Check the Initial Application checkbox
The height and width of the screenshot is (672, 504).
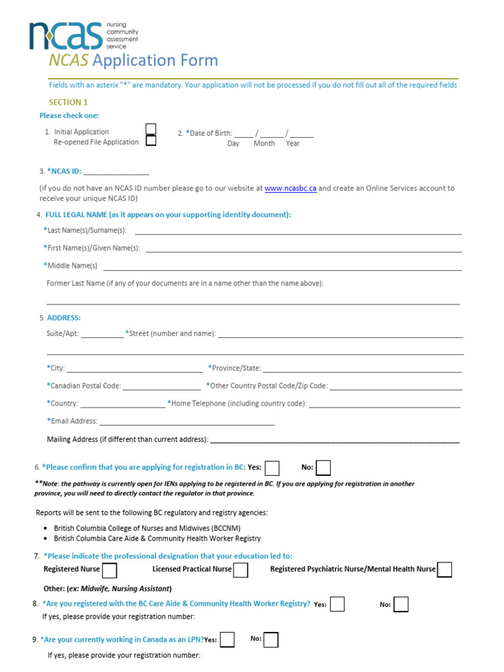pos(151,129)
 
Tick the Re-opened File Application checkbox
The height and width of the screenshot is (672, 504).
pos(151,140)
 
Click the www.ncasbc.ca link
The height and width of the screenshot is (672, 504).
pos(291,188)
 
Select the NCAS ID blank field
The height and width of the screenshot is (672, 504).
pos(116,172)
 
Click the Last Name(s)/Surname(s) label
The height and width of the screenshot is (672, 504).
pos(87,231)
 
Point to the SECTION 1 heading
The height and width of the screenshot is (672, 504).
pos(68,102)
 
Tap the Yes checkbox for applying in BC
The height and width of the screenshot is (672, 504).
pos(272,468)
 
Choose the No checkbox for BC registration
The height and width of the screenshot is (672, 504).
pos(323,468)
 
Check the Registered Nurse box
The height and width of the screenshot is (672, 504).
pos(110,570)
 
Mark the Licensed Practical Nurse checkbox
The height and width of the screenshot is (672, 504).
pos(240,570)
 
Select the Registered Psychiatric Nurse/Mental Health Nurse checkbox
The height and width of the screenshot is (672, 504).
pos(444,570)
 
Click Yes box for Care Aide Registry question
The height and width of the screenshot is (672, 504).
pos(337,604)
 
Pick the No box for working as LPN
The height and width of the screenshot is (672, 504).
pos(270,640)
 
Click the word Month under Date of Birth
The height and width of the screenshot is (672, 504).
pos(264,144)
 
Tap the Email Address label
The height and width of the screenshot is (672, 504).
pos(73,421)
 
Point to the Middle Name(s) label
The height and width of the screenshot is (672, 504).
pos(72,266)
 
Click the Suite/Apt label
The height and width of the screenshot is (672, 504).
pos(63,334)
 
